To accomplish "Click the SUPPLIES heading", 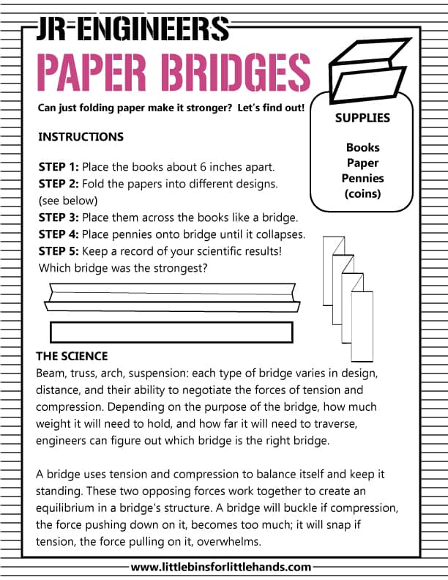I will coord(362,118).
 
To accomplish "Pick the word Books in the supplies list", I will coord(363,147).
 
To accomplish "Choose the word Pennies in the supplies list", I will coord(363,178).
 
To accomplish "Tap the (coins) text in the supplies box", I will coord(363,193).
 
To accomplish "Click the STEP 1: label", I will coord(58,166).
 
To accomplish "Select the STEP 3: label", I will coord(58,218).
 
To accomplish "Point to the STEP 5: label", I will coord(58,251).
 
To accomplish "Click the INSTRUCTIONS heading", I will coord(81,137).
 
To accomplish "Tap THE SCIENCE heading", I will coord(72,357).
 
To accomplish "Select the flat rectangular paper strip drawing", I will coord(171,332).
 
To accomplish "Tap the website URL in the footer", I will coord(221,566).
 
